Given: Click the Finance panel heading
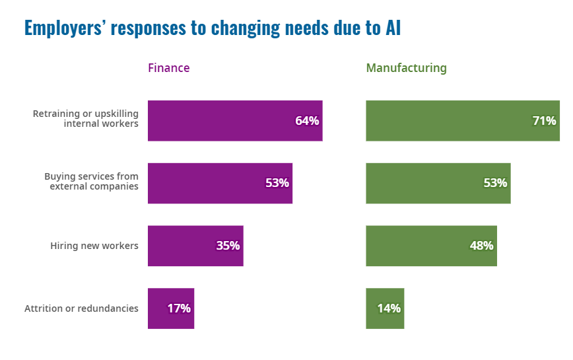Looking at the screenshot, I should point(168,68).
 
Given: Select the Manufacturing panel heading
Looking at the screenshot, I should point(406,68).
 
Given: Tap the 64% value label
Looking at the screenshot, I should point(307,121).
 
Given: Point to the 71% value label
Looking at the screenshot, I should point(544,121).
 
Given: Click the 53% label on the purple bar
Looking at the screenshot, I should point(277,183).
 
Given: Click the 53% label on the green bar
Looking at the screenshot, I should point(495,183).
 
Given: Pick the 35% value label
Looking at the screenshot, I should point(228,246).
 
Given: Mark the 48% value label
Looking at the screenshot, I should point(481,246).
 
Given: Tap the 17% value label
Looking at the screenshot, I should point(179,308).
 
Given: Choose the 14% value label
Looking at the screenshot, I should point(389,308).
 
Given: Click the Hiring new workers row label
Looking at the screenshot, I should point(94,246).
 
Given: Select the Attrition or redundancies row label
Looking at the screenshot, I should point(81,308).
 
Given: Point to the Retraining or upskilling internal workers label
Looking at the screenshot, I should point(86,118).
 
